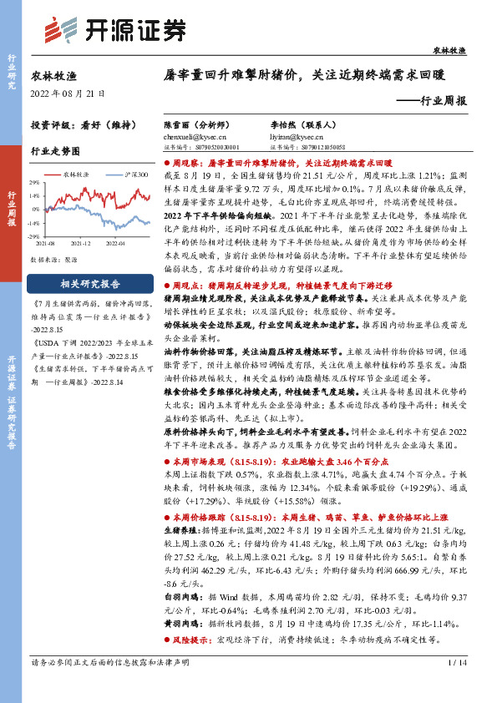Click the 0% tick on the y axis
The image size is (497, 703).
point(35,210)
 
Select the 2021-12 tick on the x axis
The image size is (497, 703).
point(81,242)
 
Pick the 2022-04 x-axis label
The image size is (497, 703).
point(115,242)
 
